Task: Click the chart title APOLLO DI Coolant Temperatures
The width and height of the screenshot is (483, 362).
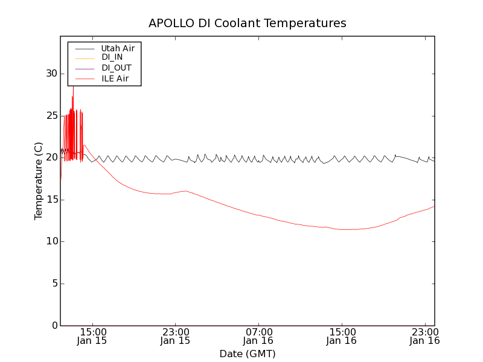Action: click(248, 24)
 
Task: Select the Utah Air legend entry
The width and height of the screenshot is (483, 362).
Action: click(118, 47)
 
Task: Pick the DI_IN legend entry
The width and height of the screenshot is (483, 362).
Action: click(112, 57)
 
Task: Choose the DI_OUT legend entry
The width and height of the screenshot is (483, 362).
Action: click(116, 68)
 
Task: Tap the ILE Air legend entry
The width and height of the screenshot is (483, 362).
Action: click(115, 79)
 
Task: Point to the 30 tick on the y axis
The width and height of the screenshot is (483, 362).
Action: click(51, 74)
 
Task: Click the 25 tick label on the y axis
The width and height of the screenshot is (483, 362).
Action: click(51, 116)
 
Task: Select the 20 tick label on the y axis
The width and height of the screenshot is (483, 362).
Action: click(51, 157)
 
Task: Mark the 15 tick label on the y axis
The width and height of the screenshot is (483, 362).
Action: click(51, 200)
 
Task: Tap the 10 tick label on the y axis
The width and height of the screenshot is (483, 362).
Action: click(51, 241)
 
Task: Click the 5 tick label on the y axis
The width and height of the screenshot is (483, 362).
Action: click(54, 284)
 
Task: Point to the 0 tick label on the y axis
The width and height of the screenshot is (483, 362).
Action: click(54, 326)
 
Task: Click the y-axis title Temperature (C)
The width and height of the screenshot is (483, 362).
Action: click(39, 181)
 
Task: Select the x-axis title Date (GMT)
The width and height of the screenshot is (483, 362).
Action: click(248, 354)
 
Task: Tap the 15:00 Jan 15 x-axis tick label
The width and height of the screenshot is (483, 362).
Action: click(92, 336)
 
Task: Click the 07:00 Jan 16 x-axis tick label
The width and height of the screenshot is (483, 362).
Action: click(258, 336)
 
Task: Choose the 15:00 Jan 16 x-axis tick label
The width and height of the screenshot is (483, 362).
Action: click(341, 336)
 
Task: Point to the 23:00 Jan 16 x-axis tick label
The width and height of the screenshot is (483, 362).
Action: click(424, 336)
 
